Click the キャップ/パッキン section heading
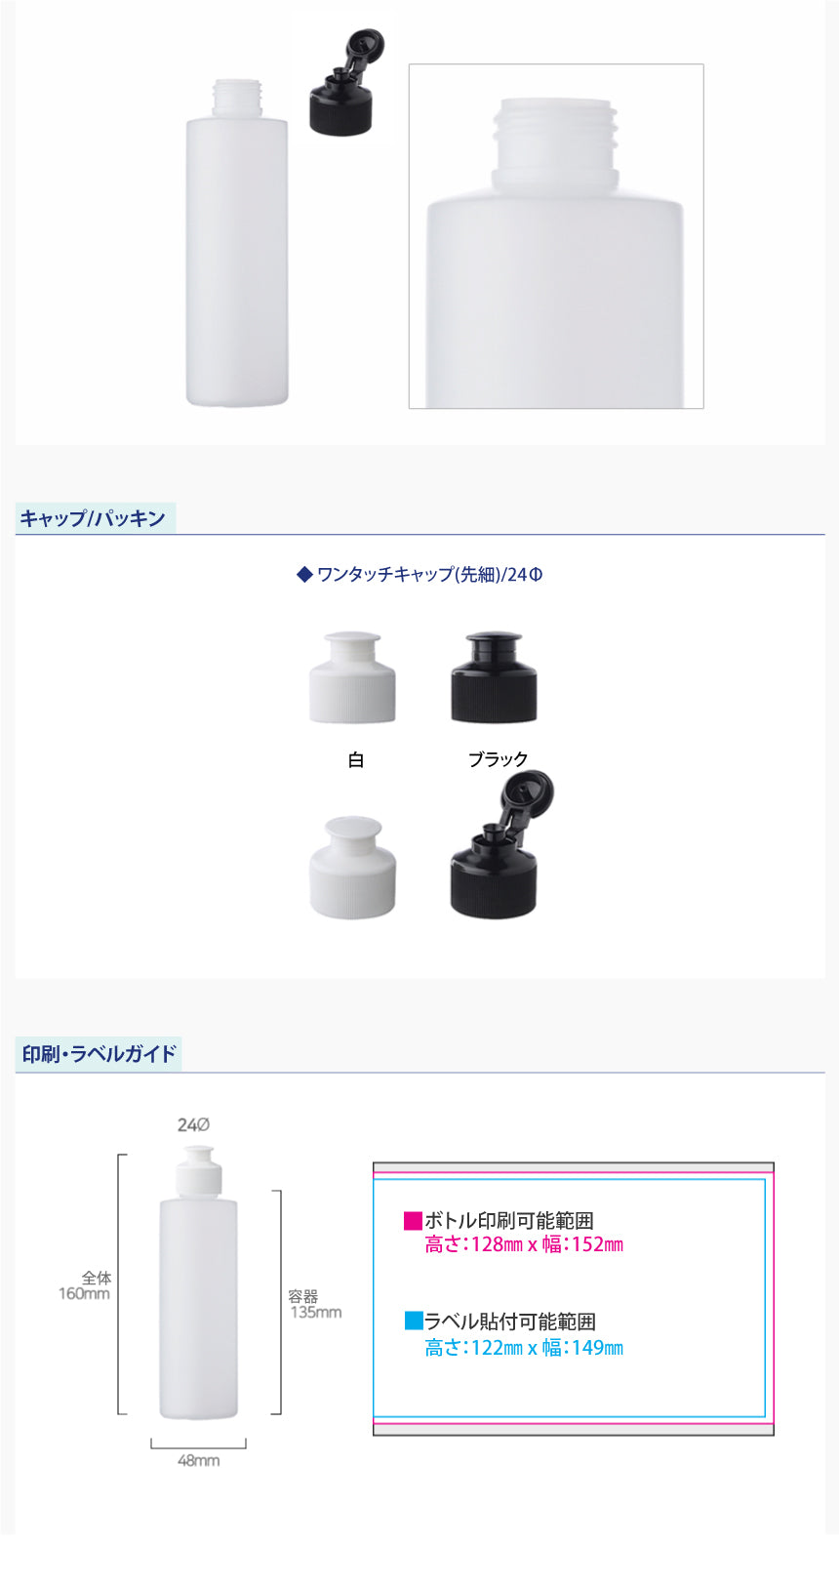point(93,518)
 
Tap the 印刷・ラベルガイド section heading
point(99,1054)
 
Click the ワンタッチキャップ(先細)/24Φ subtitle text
point(419,574)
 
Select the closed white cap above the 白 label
point(352,677)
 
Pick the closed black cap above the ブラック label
point(494,677)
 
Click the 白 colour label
point(355,759)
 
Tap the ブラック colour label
point(498,759)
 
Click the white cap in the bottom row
point(352,868)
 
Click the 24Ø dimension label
point(193,1125)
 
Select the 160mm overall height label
point(84,1293)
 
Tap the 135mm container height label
point(316,1312)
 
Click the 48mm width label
point(198,1461)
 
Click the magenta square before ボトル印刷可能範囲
point(413,1220)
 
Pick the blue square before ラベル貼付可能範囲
point(413,1321)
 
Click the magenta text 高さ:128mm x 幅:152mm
point(524,1244)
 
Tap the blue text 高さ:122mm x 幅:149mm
point(524,1348)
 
